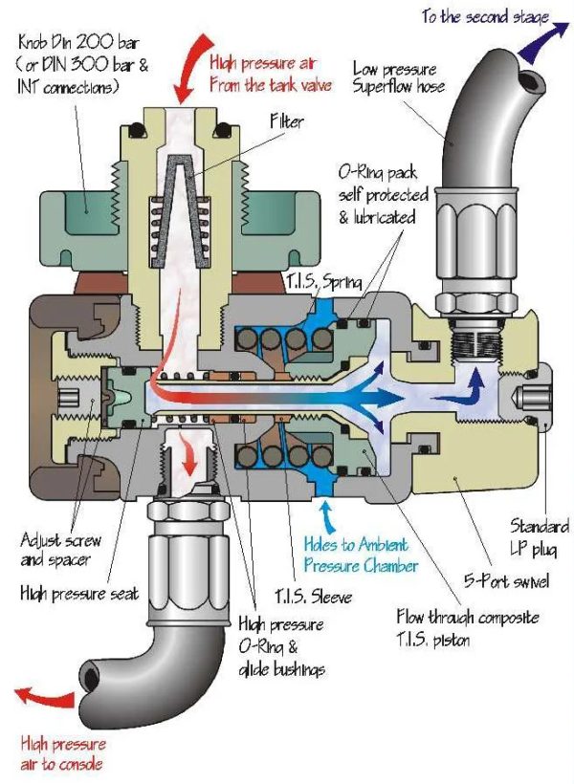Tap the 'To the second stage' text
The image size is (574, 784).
coord(470,17)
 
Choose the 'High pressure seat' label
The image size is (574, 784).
coord(78,594)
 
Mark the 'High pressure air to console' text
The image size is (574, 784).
coord(59,752)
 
